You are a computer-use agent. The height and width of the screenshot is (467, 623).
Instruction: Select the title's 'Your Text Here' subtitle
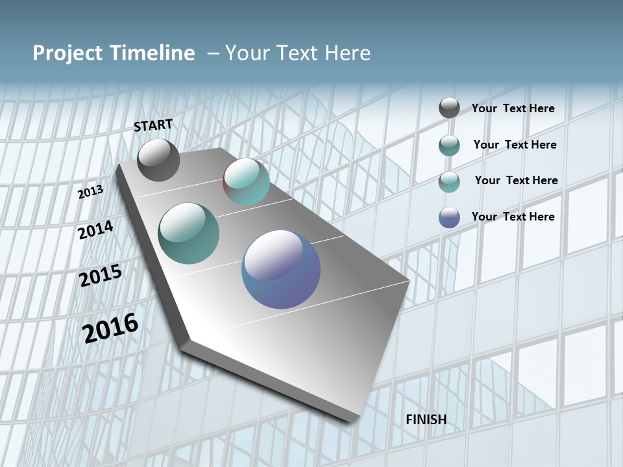[298, 53]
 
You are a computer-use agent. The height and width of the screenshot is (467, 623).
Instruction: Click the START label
[153, 125]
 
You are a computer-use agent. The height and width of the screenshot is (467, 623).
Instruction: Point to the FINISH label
[426, 420]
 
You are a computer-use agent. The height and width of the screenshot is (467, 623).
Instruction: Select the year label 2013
[90, 191]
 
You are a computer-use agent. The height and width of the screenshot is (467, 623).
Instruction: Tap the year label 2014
[95, 230]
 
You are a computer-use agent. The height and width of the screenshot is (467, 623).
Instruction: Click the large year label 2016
[110, 328]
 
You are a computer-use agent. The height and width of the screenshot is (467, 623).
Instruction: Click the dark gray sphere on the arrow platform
[158, 160]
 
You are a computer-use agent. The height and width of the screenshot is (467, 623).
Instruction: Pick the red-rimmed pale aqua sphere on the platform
[246, 182]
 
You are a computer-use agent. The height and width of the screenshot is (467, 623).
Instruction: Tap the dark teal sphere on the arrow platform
[189, 233]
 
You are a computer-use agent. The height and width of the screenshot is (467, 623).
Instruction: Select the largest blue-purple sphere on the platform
[281, 269]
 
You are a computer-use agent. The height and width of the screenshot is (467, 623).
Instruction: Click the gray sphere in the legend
[449, 108]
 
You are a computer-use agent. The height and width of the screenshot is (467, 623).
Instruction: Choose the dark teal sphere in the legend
[449, 145]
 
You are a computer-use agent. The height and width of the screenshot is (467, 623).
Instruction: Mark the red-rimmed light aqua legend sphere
[449, 182]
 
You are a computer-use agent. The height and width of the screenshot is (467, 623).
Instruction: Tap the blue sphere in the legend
[449, 217]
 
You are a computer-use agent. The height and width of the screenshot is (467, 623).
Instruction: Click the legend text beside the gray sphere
[513, 108]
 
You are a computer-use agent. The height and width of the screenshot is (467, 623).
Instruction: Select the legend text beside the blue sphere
[513, 217]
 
